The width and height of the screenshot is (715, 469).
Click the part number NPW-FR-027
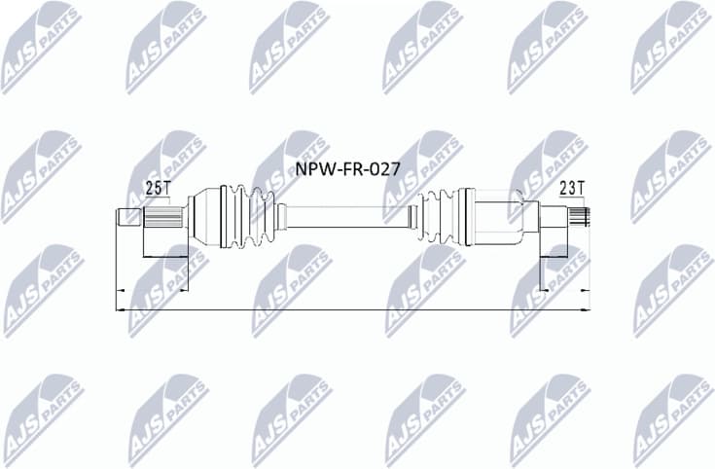click(347, 167)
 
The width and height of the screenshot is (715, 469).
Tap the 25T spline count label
click(155, 188)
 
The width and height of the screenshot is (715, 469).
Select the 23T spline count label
click(572, 188)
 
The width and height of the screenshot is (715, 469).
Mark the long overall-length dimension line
click(350, 309)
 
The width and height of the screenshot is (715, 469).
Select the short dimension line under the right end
click(565, 289)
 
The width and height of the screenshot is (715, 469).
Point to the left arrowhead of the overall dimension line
click(119, 309)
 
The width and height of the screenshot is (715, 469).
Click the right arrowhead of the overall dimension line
click(586, 309)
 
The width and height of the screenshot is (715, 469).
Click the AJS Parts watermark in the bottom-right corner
click(671, 418)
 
